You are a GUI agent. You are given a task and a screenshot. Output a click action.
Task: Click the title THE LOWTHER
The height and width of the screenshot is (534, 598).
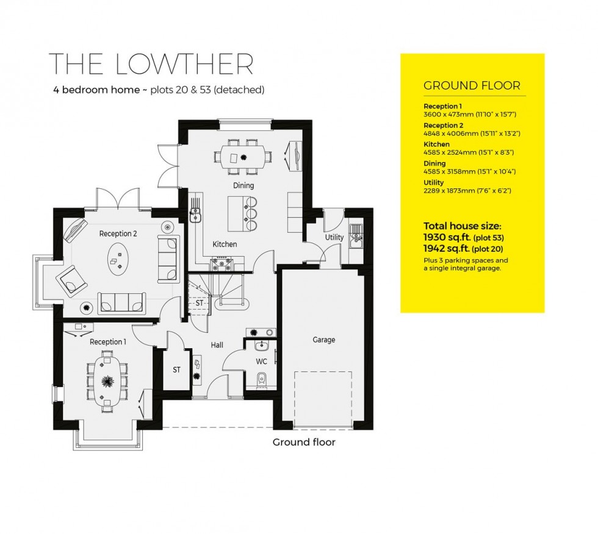click(150, 64)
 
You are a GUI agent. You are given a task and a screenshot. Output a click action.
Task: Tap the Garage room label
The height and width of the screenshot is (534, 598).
click(323, 340)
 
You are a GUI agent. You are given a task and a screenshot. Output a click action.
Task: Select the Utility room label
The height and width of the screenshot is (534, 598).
click(334, 237)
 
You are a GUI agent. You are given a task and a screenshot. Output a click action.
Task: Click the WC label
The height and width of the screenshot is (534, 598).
click(261, 361)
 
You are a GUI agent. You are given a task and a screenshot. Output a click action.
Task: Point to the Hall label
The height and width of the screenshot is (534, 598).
click(217, 345)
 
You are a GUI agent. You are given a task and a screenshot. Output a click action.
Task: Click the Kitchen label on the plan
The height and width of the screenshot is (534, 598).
click(224, 244)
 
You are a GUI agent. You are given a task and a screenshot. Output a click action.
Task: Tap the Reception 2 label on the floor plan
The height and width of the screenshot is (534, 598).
click(118, 233)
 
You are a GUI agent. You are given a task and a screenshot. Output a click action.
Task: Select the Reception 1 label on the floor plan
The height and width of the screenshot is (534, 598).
click(107, 342)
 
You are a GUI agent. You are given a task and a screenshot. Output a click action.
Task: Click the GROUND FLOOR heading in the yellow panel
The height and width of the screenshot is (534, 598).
click(472, 85)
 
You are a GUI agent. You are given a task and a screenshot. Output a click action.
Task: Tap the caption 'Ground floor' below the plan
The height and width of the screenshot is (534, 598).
click(303, 442)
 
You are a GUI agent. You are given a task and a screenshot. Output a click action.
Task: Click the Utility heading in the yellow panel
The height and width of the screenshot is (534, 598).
click(434, 182)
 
